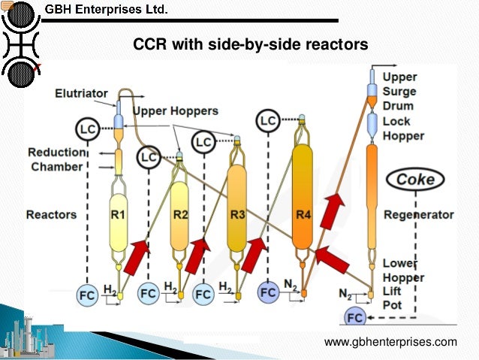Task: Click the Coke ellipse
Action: (415, 180)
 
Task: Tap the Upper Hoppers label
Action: (176, 111)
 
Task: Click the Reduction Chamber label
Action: (57, 159)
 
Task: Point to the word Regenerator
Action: (419, 215)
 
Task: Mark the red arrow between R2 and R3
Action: (197, 255)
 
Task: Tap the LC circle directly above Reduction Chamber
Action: (88, 129)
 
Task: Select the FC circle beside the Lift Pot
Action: (356, 317)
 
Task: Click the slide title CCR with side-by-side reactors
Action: (251, 45)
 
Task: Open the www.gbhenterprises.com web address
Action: (390, 343)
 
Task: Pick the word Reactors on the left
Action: (51, 215)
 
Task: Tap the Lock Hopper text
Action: (403, 129)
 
